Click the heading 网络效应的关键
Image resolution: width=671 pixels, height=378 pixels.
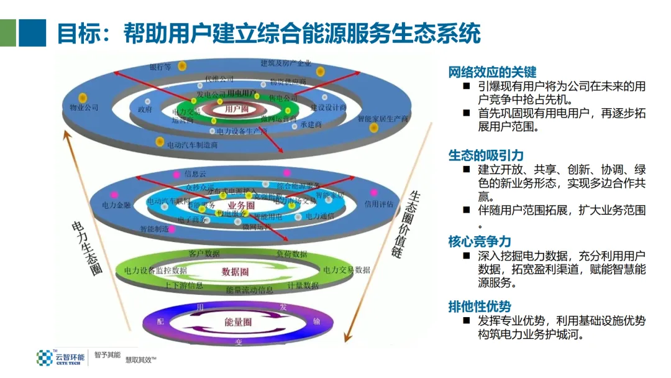492,72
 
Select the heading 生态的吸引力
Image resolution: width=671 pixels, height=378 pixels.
486,155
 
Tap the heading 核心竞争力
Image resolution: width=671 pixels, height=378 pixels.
480,241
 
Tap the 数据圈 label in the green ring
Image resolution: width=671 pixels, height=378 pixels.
235,272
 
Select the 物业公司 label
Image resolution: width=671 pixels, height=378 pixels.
84,108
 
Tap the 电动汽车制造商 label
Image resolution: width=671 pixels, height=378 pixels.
193,145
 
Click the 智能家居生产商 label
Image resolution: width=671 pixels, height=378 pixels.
382,118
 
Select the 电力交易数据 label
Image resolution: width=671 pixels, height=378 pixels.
347,269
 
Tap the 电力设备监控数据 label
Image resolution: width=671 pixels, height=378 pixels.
155,270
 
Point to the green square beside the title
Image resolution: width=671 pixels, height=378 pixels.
8,32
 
